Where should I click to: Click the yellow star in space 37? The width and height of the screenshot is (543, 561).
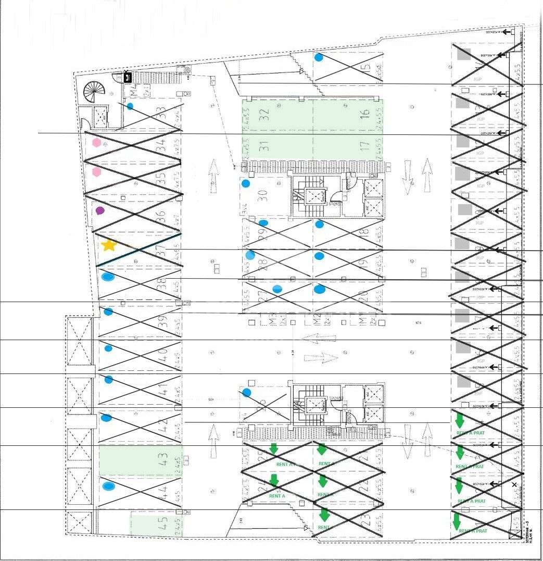pyautogui.click(x=108, y=245)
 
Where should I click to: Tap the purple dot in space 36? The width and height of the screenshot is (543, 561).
pyautogui.click(x=100, y=211)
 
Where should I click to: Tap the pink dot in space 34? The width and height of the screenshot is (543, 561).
pyautogui.click(x=96, y=142)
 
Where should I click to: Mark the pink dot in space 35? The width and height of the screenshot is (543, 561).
pyautogui.click(x=96, y=172)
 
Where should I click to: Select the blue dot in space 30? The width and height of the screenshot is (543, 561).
pyautogui.click(x=246, y=183)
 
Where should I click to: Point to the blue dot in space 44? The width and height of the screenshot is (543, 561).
pyautogui.click(x=108, y=487)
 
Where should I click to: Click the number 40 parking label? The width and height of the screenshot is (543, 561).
pyautogui.click(x=162, y=355)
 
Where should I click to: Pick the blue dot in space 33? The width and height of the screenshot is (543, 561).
pyautogui.click(x=130, y=106)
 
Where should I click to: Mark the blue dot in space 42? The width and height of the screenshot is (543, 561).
pyautogui.click(x=107, y=417)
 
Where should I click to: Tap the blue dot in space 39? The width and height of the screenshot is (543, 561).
pyautogui.click(x=108, y=311)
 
